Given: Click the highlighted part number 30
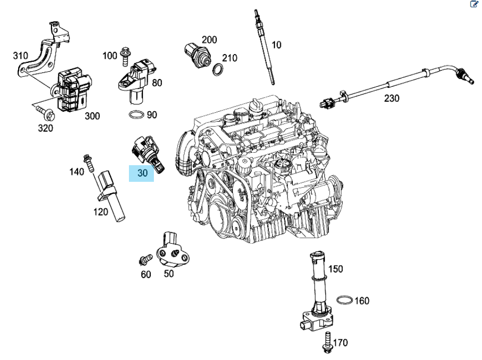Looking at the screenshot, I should [142, 172].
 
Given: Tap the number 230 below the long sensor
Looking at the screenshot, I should [392, 97].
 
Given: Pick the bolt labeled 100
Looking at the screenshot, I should [125, 57].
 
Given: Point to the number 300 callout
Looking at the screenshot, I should [92, 116].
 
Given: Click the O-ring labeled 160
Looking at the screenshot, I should [344, 300].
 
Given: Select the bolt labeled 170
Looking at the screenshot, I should [328, 342].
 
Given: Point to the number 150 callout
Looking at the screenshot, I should [335, 269].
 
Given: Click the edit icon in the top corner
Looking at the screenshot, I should [474, 4].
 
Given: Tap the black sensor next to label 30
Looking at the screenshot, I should [147, 152].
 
